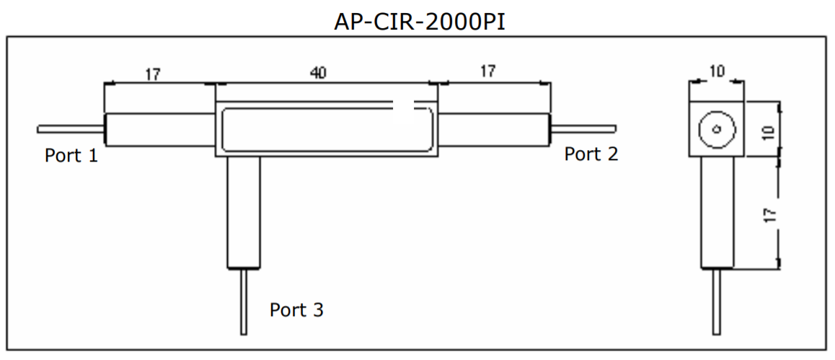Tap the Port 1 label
coord(71,155)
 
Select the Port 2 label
coord(591,154)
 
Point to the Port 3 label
coord(296,310)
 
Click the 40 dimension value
coord(317,72)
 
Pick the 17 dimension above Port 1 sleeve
coord(152,74)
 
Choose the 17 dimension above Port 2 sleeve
coord(487,71)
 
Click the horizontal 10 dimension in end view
coord(717,71)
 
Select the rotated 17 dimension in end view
coord(769,214)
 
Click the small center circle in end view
coord(716,130)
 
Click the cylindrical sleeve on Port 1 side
coord(159,130)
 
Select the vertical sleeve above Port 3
coord(244,212)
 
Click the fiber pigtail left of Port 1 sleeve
coord(71,129)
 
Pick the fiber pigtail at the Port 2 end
coord(584,128)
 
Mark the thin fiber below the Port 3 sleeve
coord(244,302)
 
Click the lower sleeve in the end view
coord(718,212)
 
